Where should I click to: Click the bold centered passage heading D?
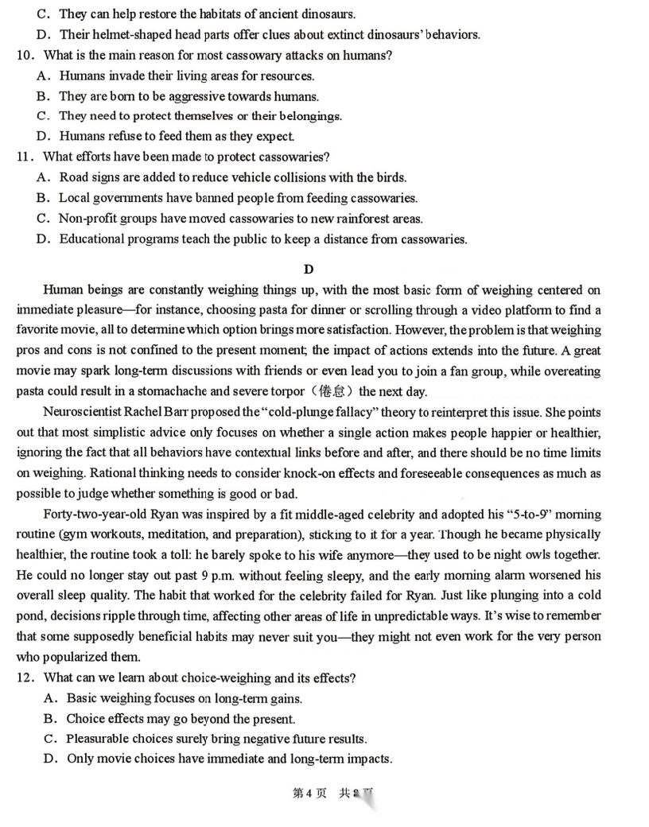(309, 270)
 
